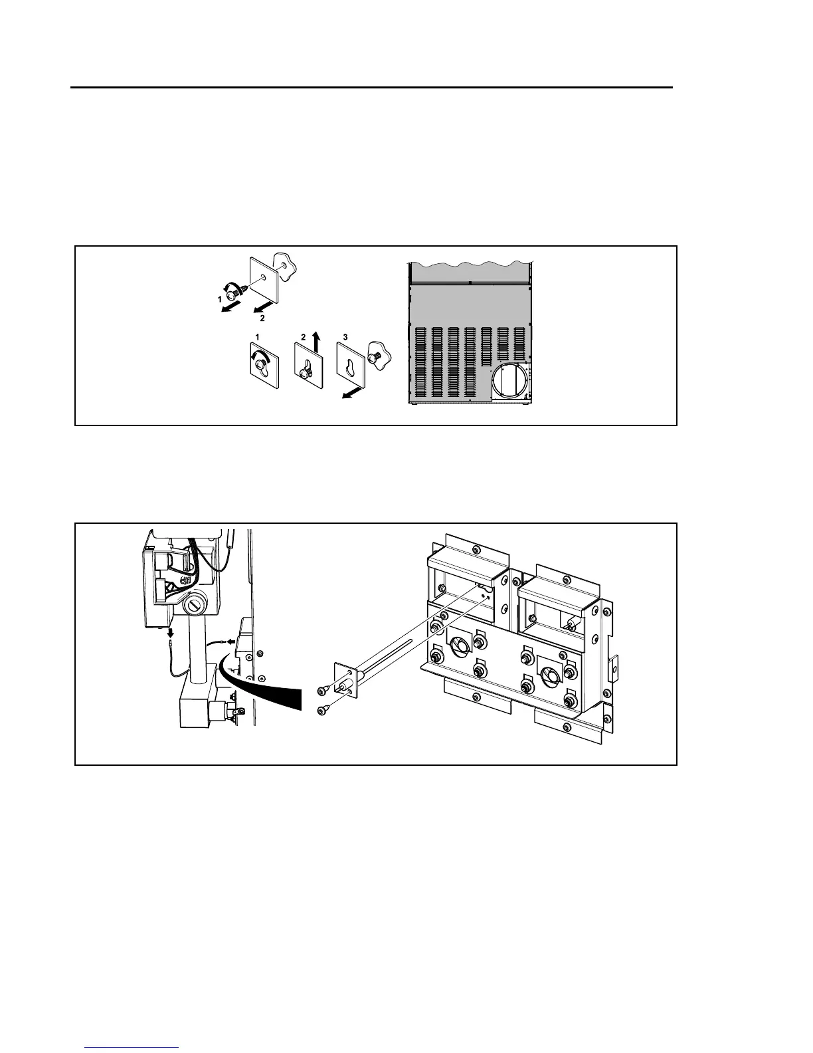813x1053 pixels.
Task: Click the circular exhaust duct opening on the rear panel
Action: tap(509, 381)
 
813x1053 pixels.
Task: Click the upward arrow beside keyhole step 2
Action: tap(317, 342)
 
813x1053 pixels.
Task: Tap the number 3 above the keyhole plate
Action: tap(345, 337)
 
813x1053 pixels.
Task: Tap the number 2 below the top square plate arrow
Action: tap(253, 318)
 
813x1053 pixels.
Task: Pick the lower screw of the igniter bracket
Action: tap(321, 711)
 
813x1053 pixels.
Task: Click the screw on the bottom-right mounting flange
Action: tap(568, 730)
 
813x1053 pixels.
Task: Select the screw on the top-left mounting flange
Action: tap(473, 550)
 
